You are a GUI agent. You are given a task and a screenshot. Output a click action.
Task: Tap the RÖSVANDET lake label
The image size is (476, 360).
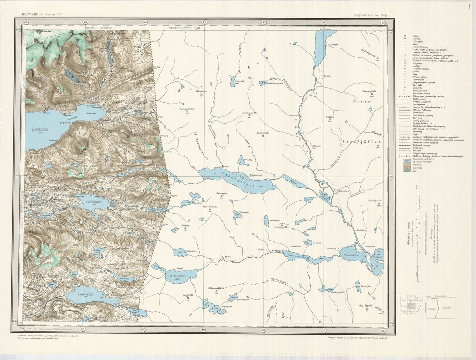(39, 130)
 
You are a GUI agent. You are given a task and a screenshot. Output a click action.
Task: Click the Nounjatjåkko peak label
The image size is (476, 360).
(250, 113)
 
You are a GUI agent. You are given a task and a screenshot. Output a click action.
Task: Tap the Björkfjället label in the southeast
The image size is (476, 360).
(366, 305)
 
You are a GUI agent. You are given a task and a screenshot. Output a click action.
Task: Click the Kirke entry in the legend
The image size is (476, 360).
(416, 35)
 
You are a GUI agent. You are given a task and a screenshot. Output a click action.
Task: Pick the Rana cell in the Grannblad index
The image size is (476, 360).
(404, 300)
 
